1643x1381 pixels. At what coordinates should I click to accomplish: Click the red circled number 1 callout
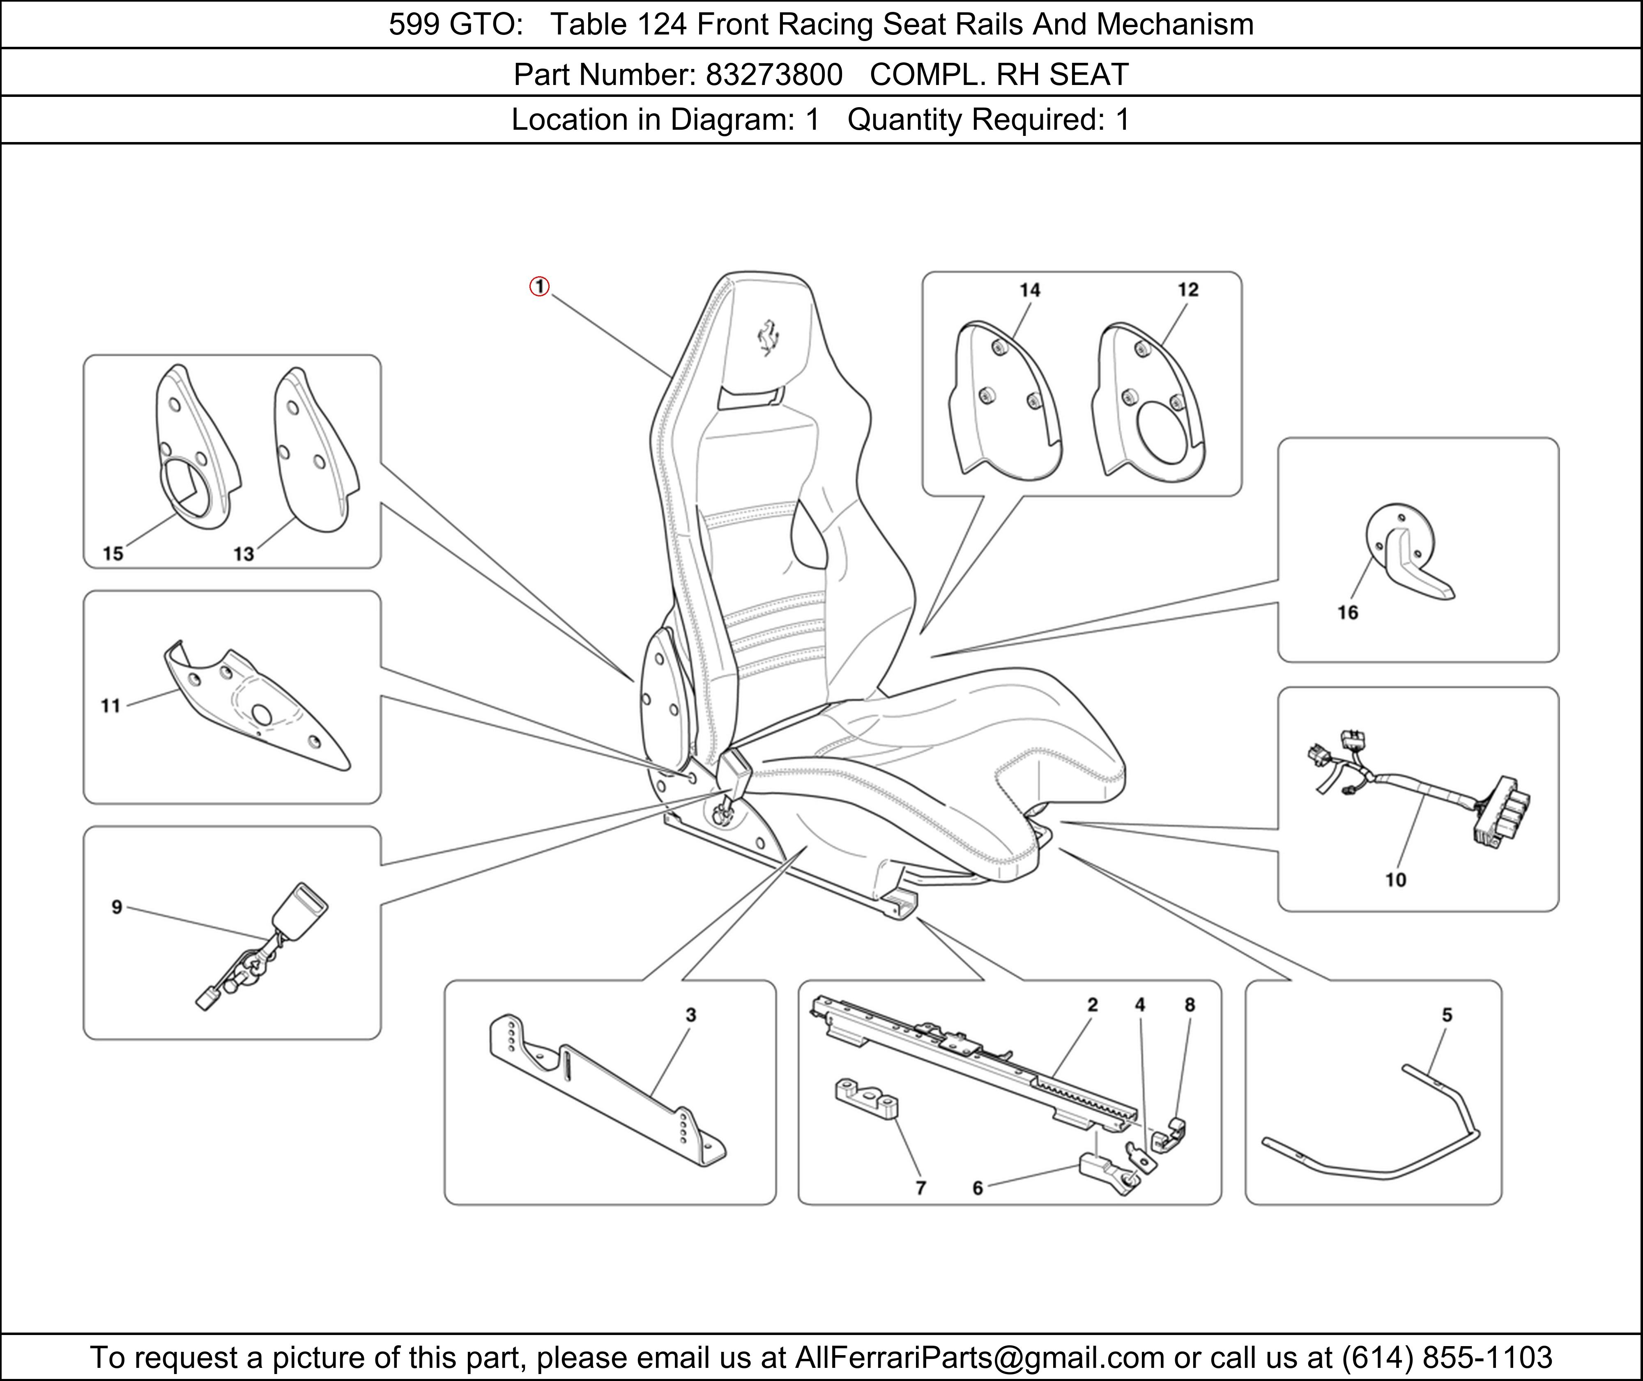pyautogui.click(x=540, y=287)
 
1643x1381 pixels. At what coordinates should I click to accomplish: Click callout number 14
pyautogui.click(x=1030, y=291)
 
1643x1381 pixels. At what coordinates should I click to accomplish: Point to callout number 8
pyautogui.click(x=1190, y=1005)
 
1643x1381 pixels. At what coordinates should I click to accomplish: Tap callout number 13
pyautogui.click(x=244, y=554)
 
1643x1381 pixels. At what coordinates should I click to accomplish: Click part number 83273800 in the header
pyautogui.click(x=774, y=74)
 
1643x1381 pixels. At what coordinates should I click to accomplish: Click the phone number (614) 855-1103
pyautogui.click(x=1446, y=1357)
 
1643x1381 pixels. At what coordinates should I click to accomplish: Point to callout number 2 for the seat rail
pyautogui.click(x=1093, y=1005)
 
